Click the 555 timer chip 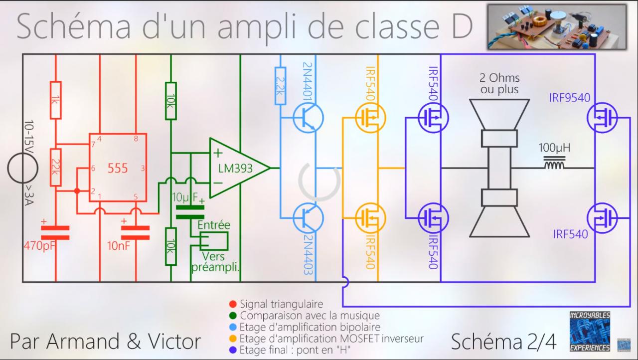pos(118,168)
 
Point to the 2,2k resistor pos(280,86)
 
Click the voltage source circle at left pos(22,168)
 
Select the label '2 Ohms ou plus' pos(499,84)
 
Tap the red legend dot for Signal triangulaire pos(232,304)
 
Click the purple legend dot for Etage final pos(232,351)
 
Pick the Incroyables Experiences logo pos(590,332)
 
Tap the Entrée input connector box pos(213,241)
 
